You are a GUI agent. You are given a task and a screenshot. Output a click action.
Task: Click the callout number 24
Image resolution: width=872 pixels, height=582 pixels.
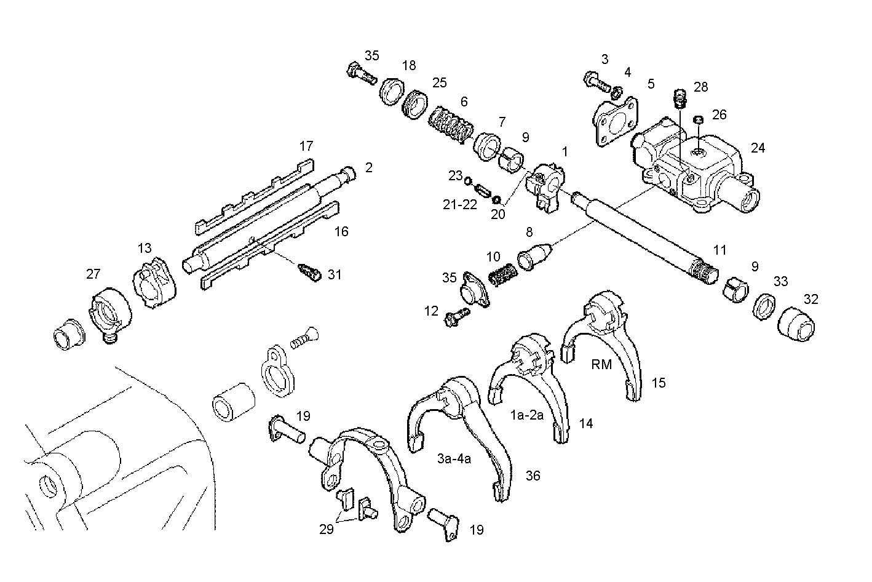(758, 148)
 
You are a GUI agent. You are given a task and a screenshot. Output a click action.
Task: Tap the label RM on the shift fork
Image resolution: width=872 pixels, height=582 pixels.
(601, 364)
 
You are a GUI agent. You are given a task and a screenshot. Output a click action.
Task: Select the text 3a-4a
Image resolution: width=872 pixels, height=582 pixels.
(454, 458)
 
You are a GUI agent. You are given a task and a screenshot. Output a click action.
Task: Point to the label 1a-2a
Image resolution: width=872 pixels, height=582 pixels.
(527, 415)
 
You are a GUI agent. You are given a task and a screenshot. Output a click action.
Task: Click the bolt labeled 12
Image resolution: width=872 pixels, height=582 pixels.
(456, 317)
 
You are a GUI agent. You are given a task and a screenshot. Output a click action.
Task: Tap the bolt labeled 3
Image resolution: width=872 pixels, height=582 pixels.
(594, 80)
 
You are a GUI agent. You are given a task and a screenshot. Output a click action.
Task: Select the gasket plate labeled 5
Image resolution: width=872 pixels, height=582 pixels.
(612, 120)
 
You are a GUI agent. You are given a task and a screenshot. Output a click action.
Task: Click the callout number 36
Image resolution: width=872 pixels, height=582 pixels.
(533, 476)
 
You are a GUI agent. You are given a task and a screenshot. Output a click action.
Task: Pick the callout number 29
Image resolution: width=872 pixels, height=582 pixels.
(326, 529)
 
